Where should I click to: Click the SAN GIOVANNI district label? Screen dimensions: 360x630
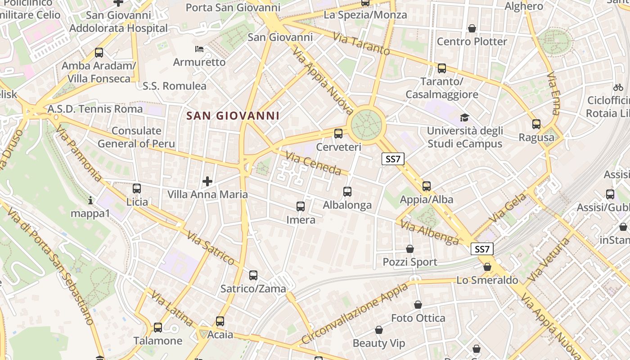tap(233, 116)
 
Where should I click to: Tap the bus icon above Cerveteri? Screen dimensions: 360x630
tap(338, 134)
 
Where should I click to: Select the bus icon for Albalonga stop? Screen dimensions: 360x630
tap(347, 192)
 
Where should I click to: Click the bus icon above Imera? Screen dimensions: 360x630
tap(301, 207)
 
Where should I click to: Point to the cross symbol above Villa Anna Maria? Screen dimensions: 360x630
tap(207, 181)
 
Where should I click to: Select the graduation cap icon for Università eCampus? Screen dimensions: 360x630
tap(464, 118)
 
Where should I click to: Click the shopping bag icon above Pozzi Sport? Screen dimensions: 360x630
tap(410, 249)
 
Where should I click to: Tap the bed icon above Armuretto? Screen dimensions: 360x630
tap(199, 49)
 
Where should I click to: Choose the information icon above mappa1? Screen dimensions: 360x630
tap(90, 200)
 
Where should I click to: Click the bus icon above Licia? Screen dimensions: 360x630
tap(137, 189)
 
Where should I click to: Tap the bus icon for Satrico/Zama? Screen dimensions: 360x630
tap(253, 275)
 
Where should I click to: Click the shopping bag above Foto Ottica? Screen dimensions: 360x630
tap(418, 305)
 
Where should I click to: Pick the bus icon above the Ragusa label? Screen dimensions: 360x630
tap(536, 124)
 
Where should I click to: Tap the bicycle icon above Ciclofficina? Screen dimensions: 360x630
tap(618, 87)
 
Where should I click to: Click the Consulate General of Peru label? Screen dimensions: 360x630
tap(136, 137)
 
